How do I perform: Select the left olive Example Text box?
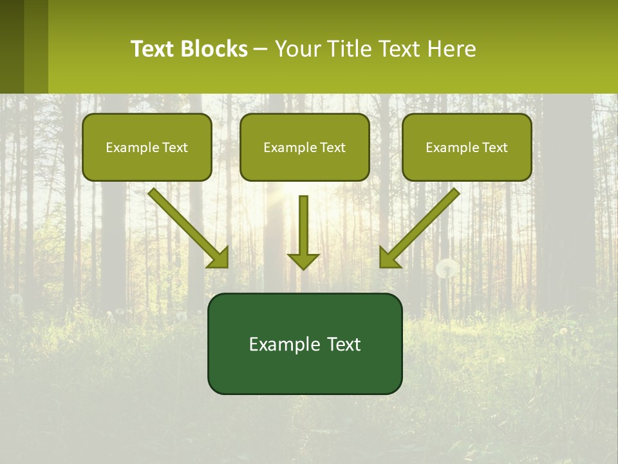tap(147, 147)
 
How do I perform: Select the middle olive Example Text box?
tap(304, 147)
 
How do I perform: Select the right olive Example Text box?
tap(467, 147)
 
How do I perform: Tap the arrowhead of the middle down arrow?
tap(303, 261)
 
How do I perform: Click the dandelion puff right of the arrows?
tap(447, 268)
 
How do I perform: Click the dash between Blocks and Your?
tap(261, 48)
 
